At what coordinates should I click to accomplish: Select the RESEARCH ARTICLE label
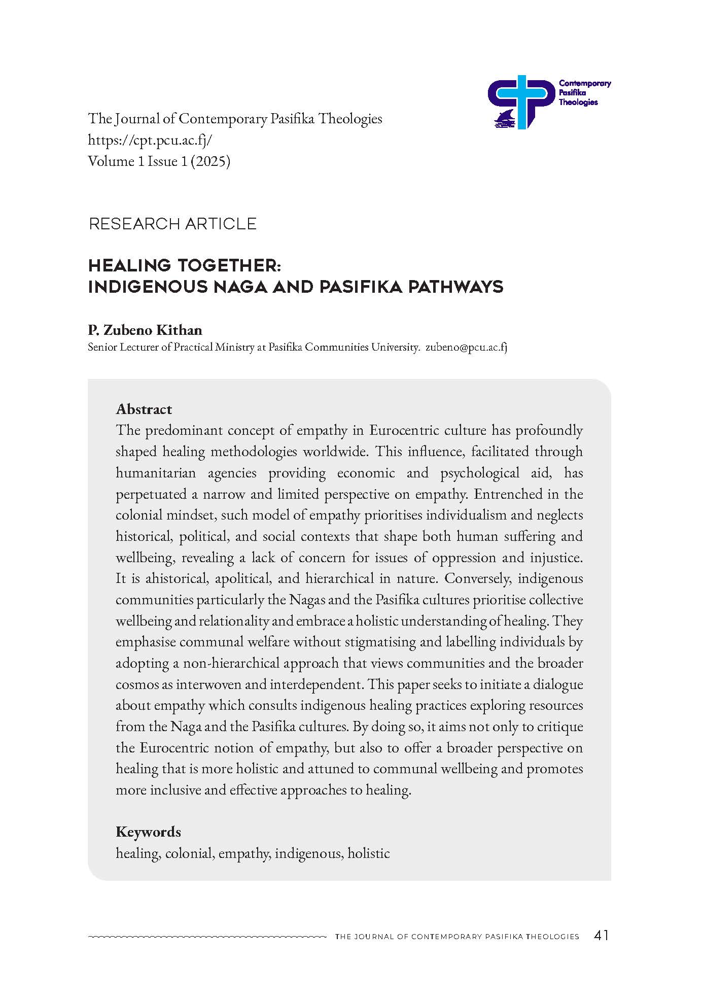pos(172,224)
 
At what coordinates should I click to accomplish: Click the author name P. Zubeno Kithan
pos(145,330)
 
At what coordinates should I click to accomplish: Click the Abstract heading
pos(144,409)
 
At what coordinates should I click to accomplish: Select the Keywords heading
pos(148,832)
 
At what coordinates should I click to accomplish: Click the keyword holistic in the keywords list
pos(369,853)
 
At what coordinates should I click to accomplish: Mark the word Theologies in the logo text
pos(578,102)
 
